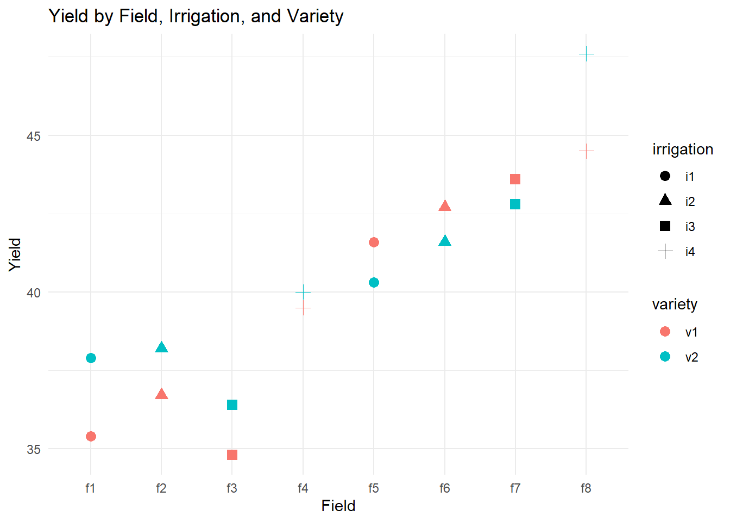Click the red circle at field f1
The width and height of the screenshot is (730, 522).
(x=91, y=437)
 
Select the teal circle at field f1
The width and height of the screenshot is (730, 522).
(x=91, y=358)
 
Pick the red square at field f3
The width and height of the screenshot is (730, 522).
(x=232, y=455)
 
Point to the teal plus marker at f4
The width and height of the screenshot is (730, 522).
(x=303, y=292)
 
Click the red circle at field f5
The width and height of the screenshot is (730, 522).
(x=374, y=242)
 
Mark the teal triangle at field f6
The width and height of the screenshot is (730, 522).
(x=445, y=241)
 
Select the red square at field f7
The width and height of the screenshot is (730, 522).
(x=515, y=179)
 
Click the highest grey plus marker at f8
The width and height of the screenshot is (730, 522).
(x=586, y=54)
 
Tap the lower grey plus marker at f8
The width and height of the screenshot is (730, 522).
(x=586, y=151)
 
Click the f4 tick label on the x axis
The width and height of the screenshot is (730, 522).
(x=303, y=488)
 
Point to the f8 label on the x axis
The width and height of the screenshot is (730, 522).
(x=586, y=488)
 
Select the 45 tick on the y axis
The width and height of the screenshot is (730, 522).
(x=34, y=136)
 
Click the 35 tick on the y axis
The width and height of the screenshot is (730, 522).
(x=34, y=449)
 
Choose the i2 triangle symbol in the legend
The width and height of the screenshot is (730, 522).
(x=665, y=200)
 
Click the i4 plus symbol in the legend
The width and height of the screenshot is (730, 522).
(x=665, y=251)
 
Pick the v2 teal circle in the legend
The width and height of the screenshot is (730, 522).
(x=665, y=357)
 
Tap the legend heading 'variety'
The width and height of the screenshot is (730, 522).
(x=675, y=304)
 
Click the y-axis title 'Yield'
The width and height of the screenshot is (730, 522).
(x=15, y=254)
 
